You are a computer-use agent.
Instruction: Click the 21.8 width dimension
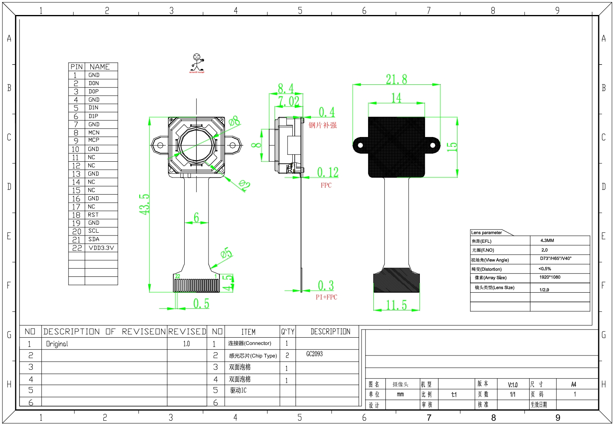396,79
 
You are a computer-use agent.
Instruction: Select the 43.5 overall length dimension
145,204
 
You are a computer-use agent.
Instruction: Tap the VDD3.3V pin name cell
101,248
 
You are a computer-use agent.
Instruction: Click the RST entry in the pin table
93,215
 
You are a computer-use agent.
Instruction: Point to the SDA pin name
94,239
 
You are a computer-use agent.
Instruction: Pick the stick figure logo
197,63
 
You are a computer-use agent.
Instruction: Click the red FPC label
326,185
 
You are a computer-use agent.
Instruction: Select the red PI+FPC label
326,297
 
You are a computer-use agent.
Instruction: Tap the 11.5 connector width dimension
396,305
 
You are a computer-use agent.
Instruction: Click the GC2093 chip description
315,354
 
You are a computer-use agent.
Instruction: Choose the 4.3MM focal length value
547,240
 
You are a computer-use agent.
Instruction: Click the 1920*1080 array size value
550,277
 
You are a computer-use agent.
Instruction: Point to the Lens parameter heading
486,233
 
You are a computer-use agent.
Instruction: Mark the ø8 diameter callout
234,121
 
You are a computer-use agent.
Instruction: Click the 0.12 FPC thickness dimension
328,172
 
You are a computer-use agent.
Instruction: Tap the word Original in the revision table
57,344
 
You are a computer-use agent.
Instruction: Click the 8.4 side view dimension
285,88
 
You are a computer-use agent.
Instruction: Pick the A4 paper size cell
573,384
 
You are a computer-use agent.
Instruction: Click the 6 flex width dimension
196,218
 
